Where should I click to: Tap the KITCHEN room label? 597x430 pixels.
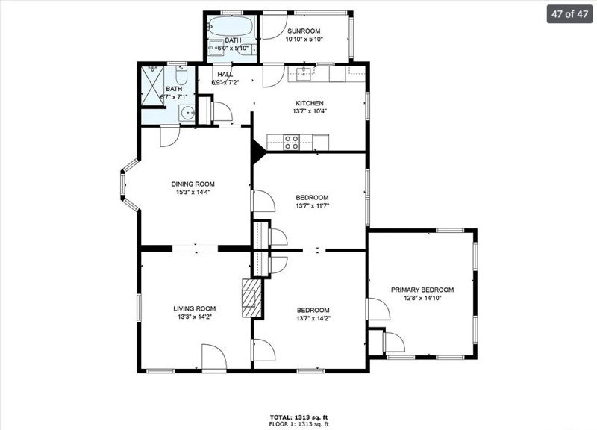click(310, 103)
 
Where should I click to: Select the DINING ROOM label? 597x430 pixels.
click(193, 184)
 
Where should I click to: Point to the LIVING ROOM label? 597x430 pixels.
click(195, 308)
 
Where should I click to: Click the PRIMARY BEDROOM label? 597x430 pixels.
click(422, 290)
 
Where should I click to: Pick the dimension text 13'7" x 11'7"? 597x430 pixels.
click(312, 205)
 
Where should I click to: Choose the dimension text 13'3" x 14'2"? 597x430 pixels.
click(195, 317)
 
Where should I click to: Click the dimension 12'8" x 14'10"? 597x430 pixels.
click(422, 299)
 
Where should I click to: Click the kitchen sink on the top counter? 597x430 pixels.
click(302, 73)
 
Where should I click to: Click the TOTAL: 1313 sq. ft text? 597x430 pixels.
click(298, 416)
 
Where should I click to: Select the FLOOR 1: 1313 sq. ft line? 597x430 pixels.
click(298, 423)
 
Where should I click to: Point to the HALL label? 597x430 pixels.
click(225, 75)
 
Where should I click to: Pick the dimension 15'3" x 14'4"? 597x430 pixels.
click(193, 193)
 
